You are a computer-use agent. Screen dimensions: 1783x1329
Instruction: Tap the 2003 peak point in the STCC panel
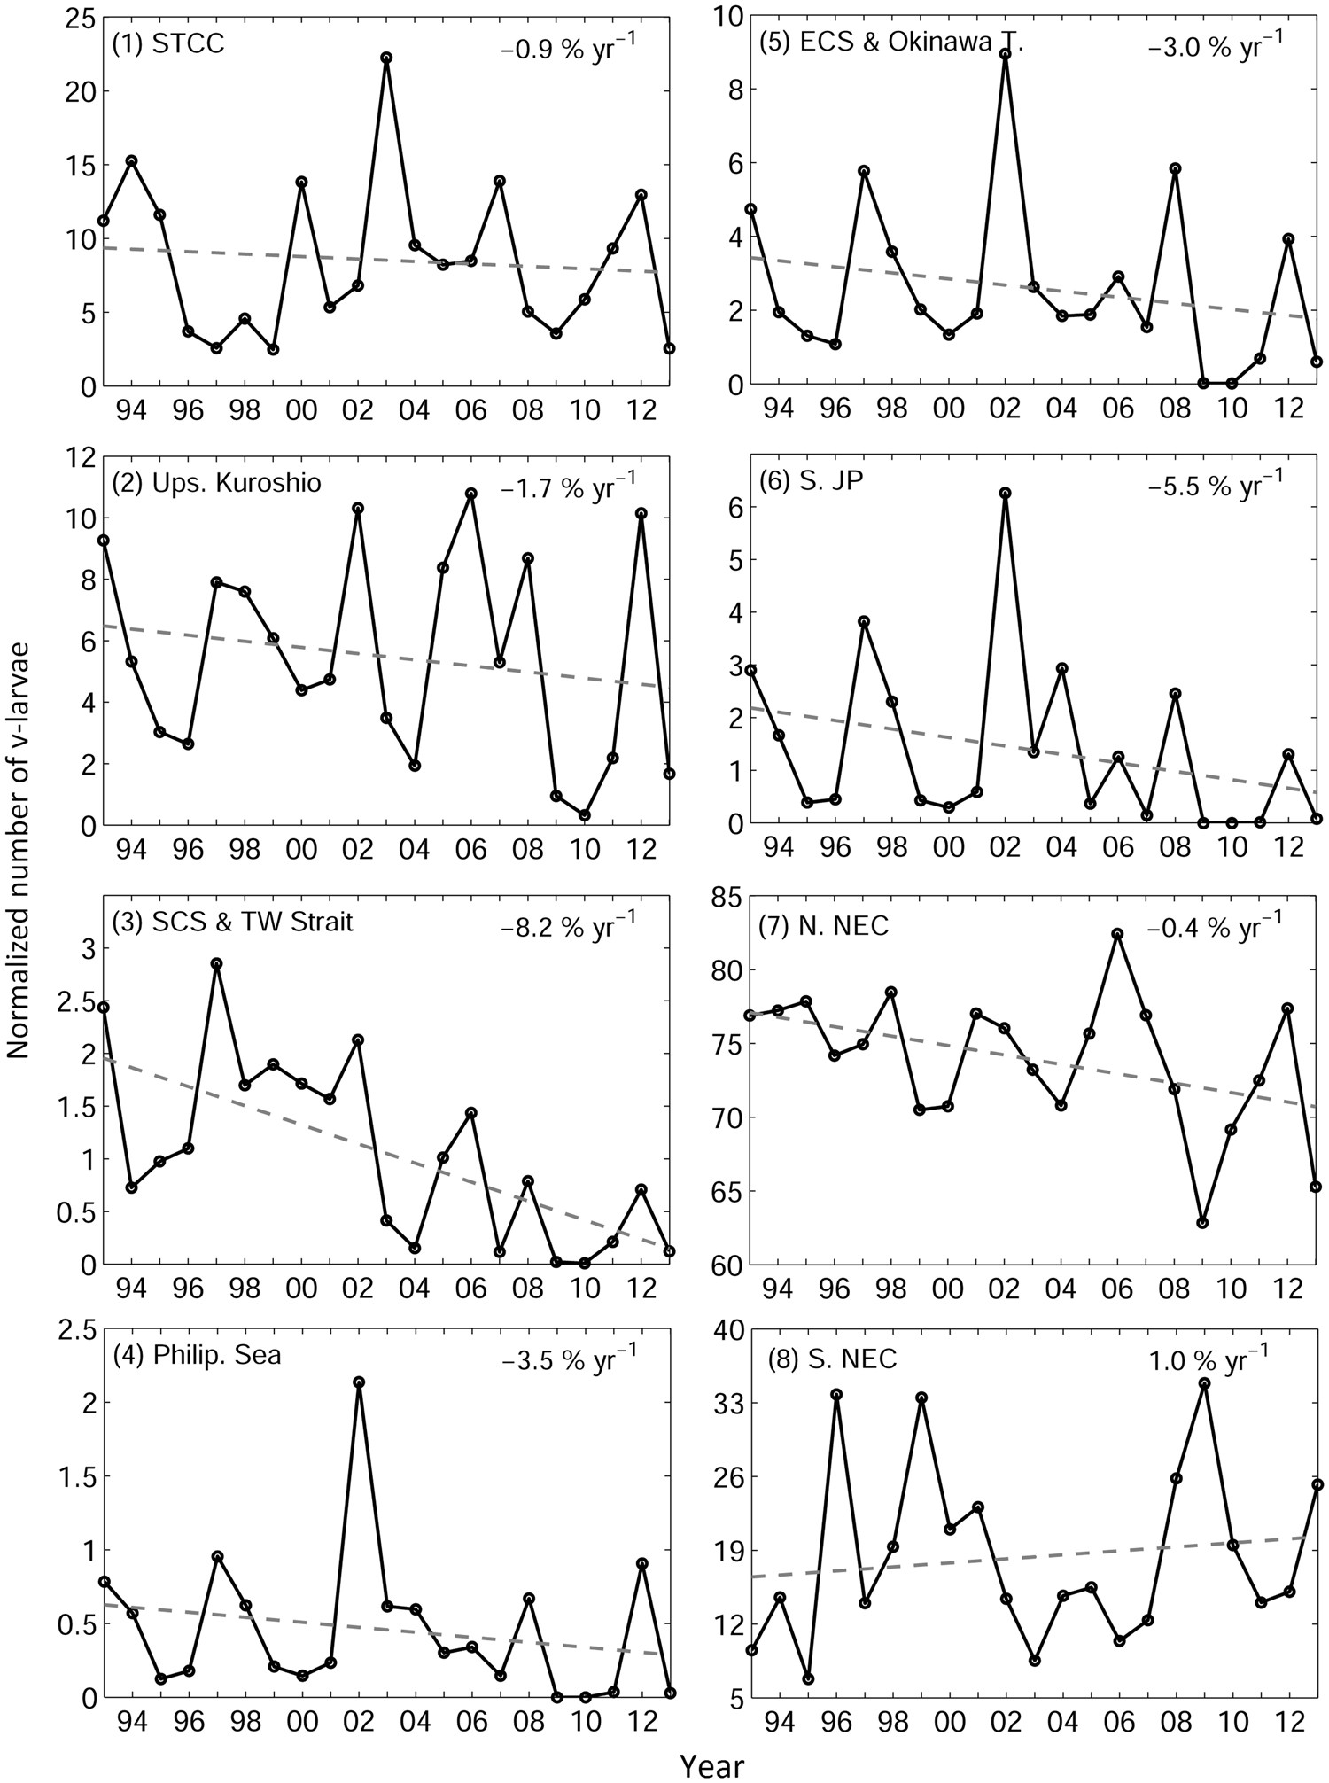(x=386, y=58)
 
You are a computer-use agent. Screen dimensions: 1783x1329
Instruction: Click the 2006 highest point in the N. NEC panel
(x=1118, y=934)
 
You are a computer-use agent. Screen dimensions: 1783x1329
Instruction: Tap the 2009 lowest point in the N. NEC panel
(x=1202, y=1223)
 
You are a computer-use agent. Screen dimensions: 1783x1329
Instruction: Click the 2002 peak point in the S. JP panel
(x=1006, y=493)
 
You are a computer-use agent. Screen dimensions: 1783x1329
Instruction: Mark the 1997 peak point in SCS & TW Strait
(x=217, y=963)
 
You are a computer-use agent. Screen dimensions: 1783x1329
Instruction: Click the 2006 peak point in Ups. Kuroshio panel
(x=471, y=494)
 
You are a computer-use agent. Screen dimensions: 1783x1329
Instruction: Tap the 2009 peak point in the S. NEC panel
(x=1204, y=1383)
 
